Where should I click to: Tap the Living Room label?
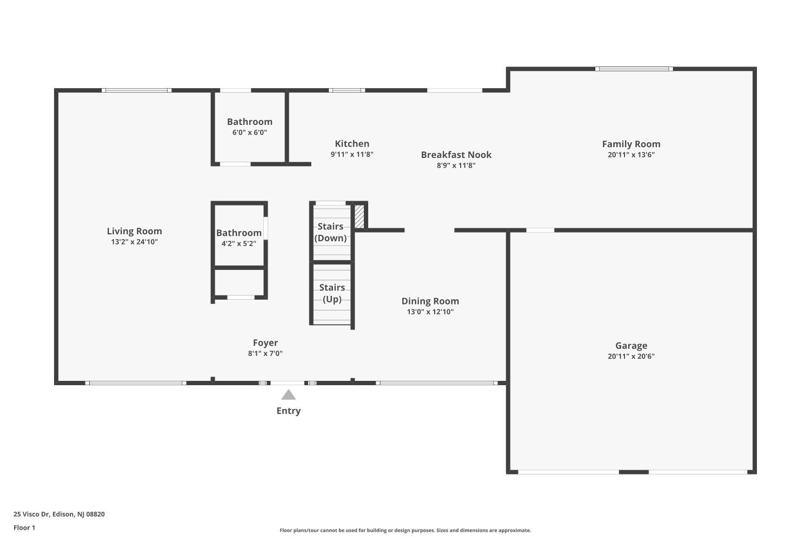[134, 231]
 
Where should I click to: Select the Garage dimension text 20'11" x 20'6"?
[631, 356]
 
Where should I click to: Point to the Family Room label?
[631, 144]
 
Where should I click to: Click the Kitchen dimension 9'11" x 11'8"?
[352, 154]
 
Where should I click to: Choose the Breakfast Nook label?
[456, 155]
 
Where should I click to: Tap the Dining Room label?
[430, 301]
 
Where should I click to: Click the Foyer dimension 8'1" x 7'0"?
[265, 353]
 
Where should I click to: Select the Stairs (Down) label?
[330, 232]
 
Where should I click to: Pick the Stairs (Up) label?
[332, 293]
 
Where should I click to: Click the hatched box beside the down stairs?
[359, 217]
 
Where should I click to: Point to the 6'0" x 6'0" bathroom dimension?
[249, 132]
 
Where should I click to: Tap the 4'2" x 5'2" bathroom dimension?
[238, 243]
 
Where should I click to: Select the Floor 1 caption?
[24, 527]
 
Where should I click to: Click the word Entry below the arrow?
[288, 411]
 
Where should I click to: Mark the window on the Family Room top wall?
[634, 69]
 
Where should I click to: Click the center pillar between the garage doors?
[634, 472]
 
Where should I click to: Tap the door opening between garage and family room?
[540, 230]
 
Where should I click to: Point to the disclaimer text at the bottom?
[405, 530]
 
